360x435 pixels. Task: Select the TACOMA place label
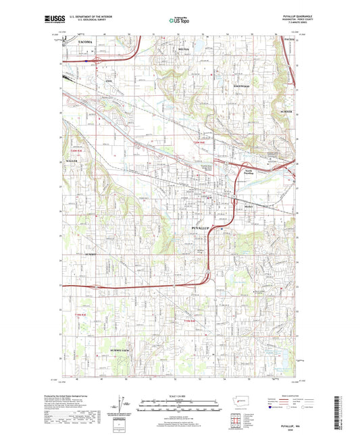point(84,43)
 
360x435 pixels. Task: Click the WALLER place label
point(72,162)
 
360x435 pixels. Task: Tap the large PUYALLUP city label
point(197,230)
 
